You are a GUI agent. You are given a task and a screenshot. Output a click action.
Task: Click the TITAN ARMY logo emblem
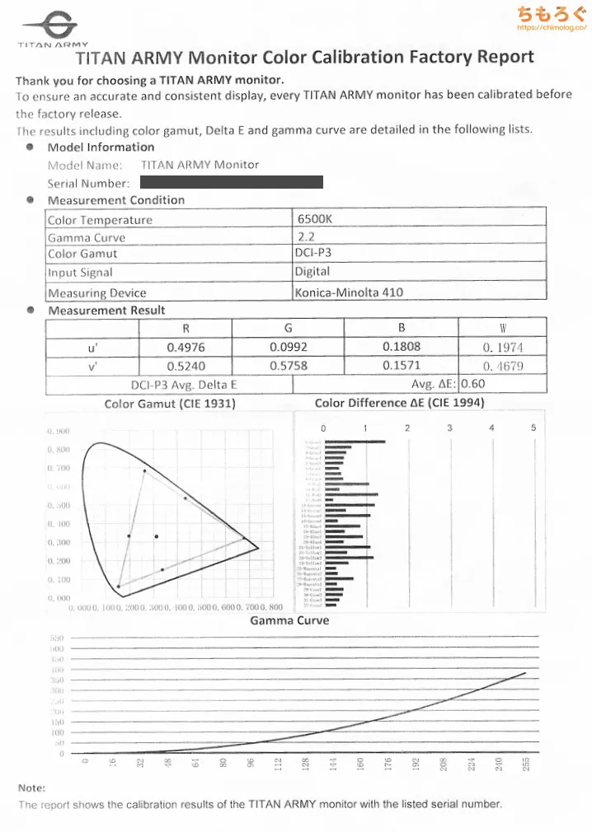point(54,24)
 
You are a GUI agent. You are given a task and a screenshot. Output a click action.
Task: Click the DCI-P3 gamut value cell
point(312,254)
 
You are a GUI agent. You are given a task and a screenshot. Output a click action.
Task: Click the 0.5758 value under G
point(289,366)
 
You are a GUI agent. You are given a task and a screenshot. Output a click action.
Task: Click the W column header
point(502,328)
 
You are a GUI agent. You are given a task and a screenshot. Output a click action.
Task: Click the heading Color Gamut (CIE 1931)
point(170,404)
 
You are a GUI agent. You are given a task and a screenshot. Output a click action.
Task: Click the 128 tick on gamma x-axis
point(305,765)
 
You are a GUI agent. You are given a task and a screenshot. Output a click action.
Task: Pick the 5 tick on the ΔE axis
point(533,428)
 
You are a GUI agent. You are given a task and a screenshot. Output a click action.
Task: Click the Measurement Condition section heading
point(115,200)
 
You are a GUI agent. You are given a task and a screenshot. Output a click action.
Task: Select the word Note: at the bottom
point(31,788)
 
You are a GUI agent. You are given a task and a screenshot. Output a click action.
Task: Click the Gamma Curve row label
point(87,237)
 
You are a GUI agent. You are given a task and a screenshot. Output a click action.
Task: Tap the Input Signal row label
point(80,273)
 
